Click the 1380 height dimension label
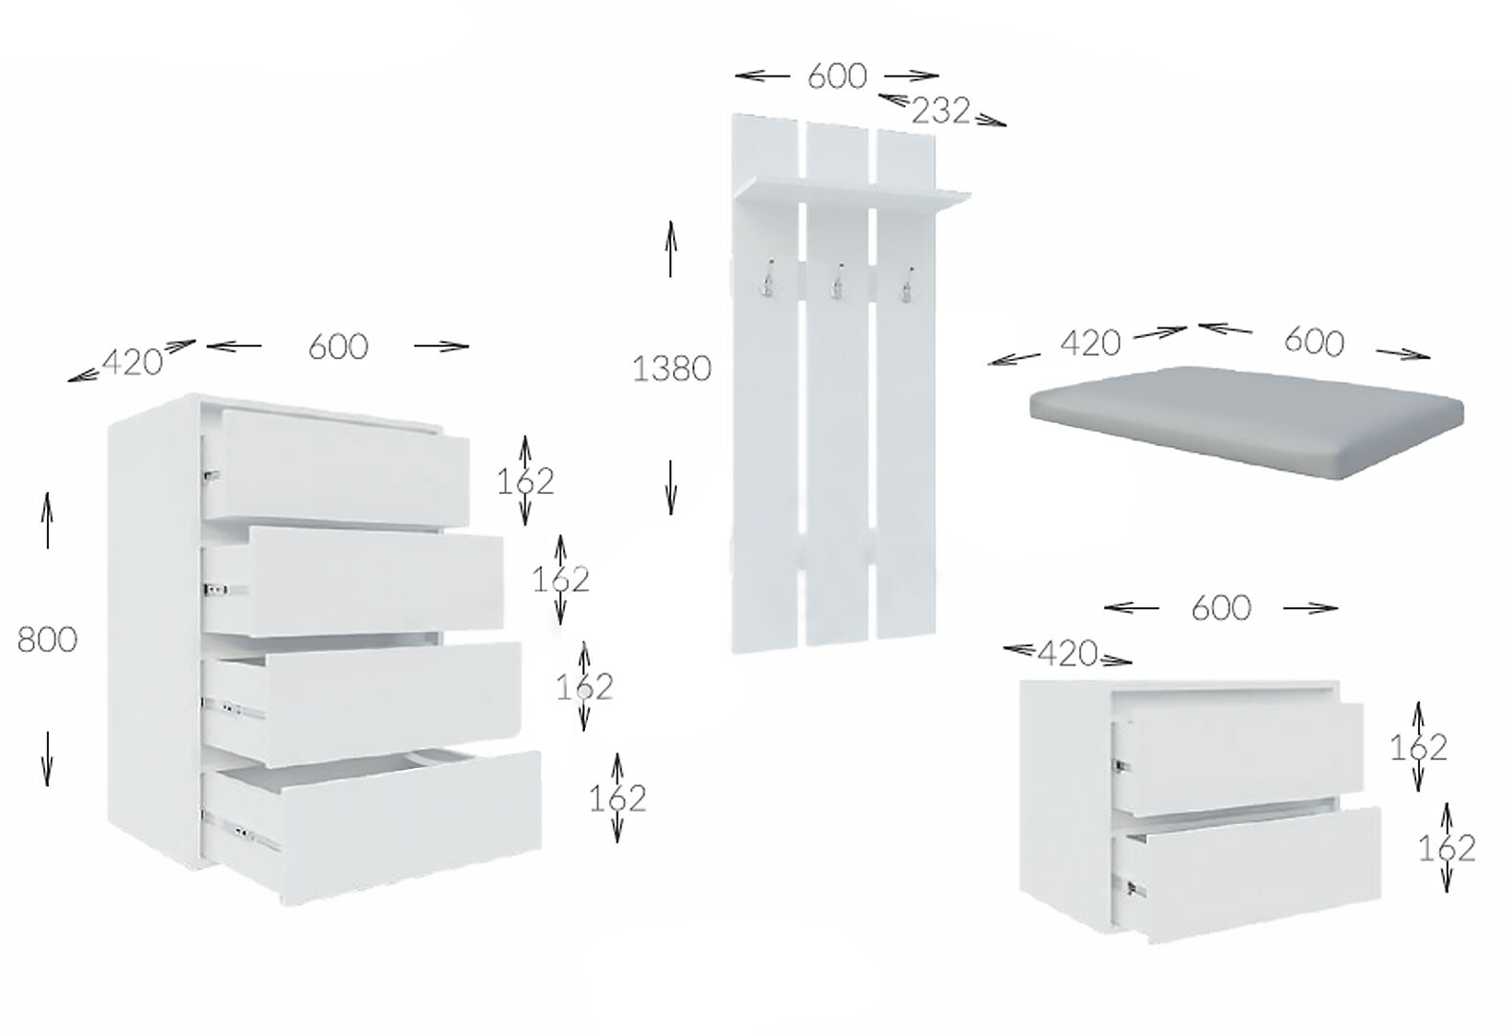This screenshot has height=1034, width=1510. [x=671, y=369]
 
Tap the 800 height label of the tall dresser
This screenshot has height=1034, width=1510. [x=47, y=639]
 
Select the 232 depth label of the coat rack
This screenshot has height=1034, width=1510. [x=940, y=111]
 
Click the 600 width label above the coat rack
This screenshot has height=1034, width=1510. [x=837, y=76]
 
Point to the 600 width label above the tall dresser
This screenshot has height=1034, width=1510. [x=338, y=348]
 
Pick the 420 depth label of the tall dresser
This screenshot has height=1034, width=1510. [x=132, y=363]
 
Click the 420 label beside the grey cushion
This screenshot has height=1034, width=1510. [x=1090, y=343]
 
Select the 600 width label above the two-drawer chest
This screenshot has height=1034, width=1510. [x=1221, y=608]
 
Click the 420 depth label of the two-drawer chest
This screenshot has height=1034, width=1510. [x=1068, y=653]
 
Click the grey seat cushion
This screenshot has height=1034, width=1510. [x=1247, y=421]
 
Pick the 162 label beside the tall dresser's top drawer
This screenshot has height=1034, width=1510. [x=525, y=482]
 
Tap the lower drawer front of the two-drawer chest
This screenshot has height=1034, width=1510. [x=1246, y=873]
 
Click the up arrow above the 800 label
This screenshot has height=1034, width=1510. [x=47, y=520]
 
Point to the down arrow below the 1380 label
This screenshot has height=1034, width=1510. [x=670, y=487]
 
